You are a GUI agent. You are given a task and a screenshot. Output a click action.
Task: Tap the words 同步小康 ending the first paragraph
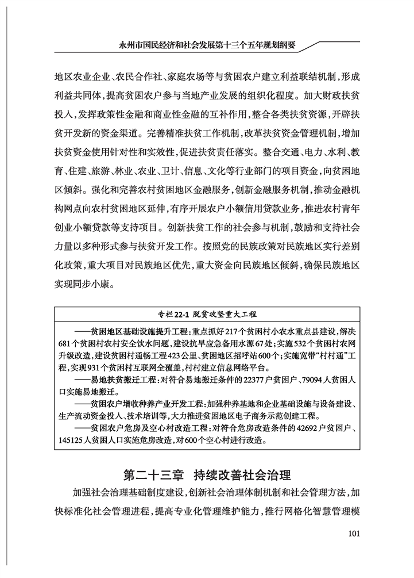(93, 284)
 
